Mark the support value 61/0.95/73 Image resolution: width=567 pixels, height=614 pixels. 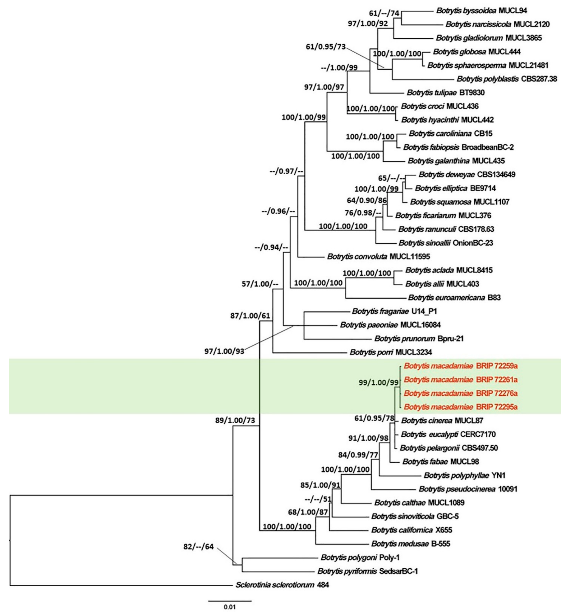325,47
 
